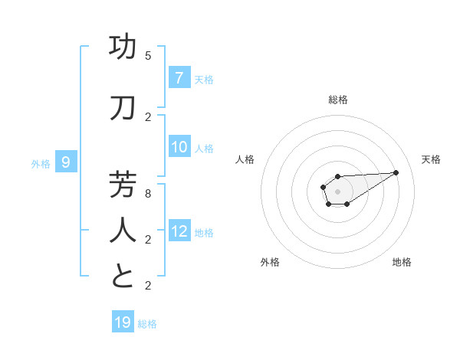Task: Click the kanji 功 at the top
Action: [123, 47]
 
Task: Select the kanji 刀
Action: [123, 108]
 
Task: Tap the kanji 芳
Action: [123, 185]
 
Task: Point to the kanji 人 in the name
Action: [123, 231]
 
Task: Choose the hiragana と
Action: [123, 277]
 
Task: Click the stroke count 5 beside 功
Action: [148, 56]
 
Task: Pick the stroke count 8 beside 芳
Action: [148, 194]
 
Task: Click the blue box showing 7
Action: [179, 77]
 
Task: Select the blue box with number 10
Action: [179, 147]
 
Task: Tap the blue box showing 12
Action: [179, 231]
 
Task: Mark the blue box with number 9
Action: [66, 162]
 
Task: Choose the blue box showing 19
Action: [123, 322]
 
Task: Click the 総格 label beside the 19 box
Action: [147, 324]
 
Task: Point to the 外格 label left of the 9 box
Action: [41, 163]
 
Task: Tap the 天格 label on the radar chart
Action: [431, 159]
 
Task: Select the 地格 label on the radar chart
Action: [402, 262]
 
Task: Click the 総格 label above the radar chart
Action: [338, 100]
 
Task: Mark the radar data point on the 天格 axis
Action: [396, 172]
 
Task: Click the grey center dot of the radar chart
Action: [337, 191]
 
